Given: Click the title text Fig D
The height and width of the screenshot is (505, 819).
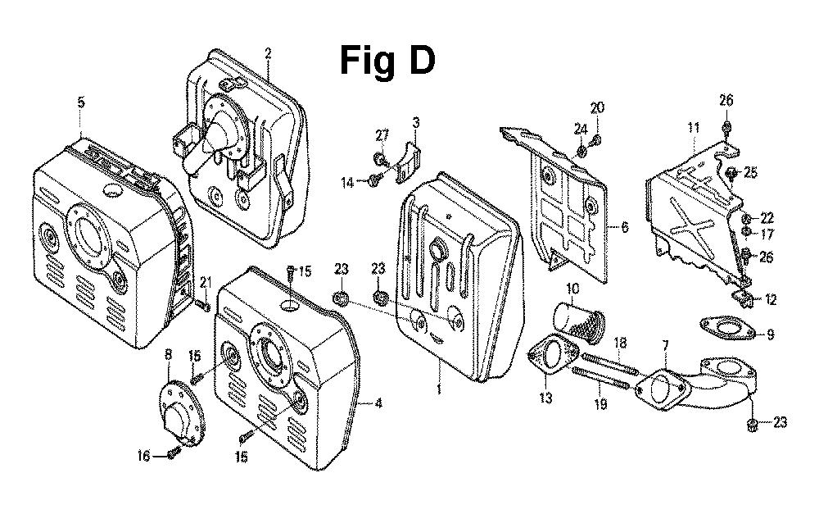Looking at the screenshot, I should coord(387,61).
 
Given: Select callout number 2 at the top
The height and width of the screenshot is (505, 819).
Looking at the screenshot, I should coord(268,54).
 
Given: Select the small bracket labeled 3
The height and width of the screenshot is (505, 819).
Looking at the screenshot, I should coord(405,162).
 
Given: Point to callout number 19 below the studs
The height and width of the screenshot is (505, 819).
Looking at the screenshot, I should coord(601,404).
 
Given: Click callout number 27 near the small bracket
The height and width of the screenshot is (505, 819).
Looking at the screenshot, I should coord(382,135).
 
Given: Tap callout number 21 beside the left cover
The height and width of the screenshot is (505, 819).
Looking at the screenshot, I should coord(206,283).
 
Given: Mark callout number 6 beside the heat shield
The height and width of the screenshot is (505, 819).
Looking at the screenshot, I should coord(624,227).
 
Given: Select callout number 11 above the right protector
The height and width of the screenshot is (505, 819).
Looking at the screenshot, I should coord(694,128).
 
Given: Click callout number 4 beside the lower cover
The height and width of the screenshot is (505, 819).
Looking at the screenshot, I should coord(378,403).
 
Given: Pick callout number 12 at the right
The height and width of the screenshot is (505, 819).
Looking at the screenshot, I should coord(771,300).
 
